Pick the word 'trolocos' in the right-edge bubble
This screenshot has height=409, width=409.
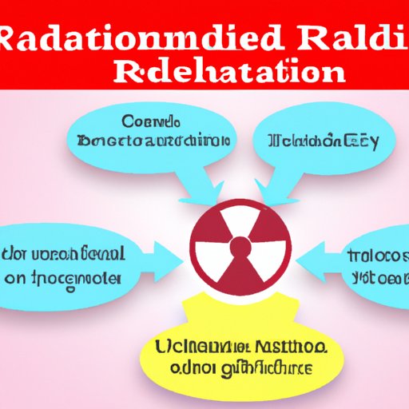(379, 256)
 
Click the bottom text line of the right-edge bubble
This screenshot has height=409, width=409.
(379, 279)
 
